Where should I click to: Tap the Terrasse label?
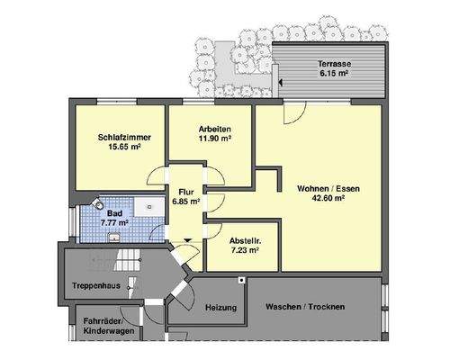335,64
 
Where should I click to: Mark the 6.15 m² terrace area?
335,74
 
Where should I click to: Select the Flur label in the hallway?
187,193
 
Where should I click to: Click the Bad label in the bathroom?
116,211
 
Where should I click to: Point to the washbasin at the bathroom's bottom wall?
114,237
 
